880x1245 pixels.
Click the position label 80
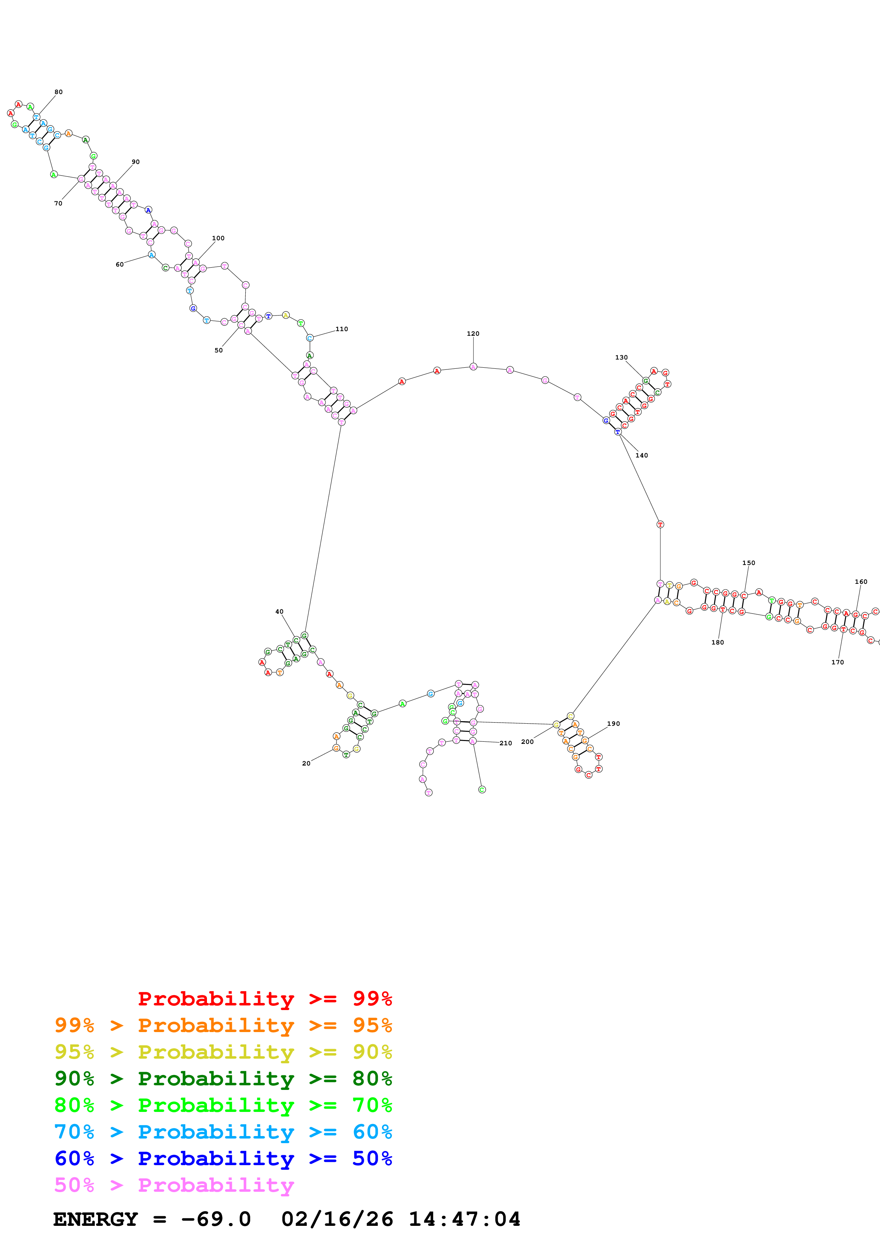(59, 92)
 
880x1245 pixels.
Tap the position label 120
(473, 334)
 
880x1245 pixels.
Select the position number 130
(621, 357)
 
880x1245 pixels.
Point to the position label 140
(641, 455)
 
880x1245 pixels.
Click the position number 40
(279, 611)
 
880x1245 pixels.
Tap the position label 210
(506, 744)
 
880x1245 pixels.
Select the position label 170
(838, 662)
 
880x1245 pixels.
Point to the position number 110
(341, 329)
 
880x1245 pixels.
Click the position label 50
(219, 350)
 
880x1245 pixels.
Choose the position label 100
(218, 238)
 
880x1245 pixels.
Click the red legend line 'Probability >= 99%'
(264, 998)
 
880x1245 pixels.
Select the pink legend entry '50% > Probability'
(174, 1185)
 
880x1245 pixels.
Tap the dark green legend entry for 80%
(223, 1079)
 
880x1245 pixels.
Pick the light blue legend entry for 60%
(223, 1132)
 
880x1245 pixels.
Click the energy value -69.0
(216, 1219)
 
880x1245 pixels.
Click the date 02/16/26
(337, 1219)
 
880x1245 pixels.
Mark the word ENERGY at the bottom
(95, 1219)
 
